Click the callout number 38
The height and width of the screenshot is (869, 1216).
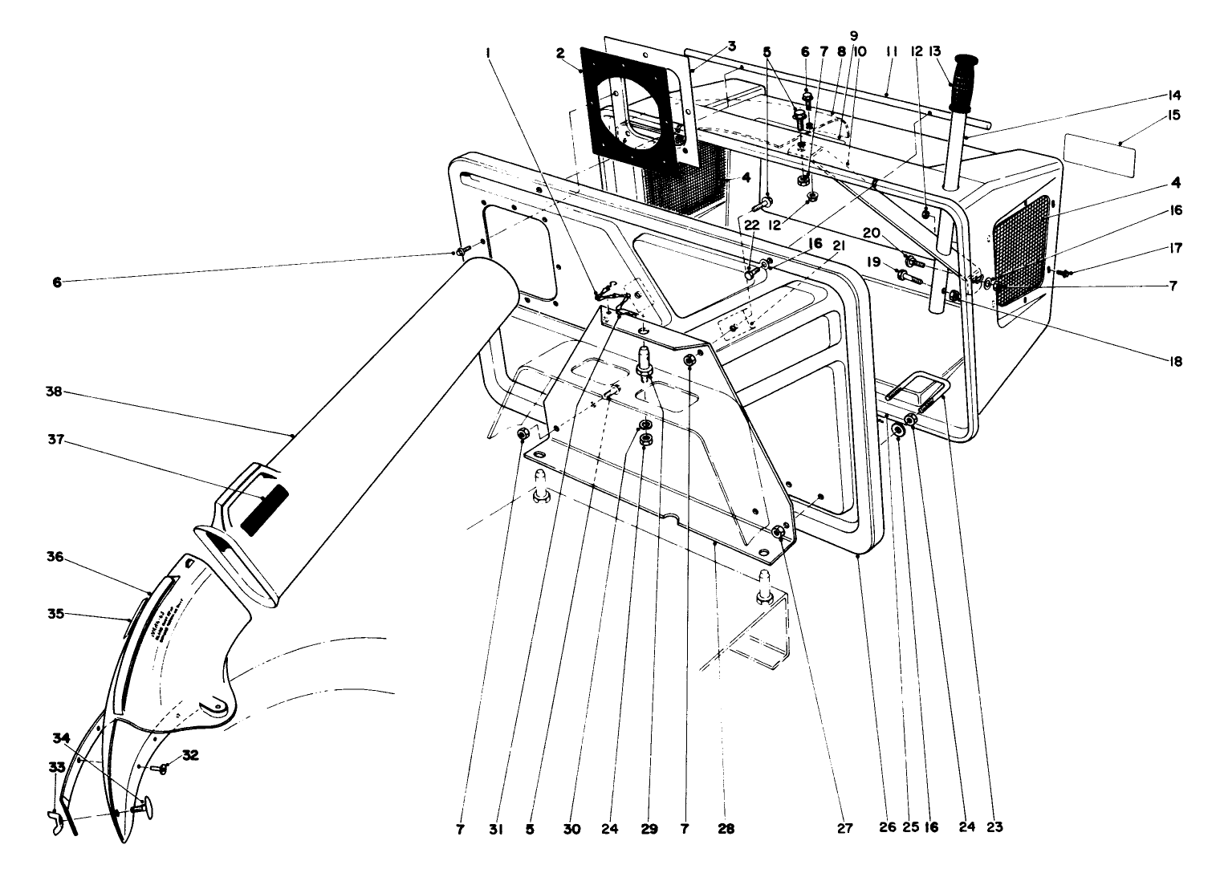point(55,392)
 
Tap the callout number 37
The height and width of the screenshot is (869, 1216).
point(55,440)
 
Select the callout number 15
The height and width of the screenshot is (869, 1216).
point(1174,116)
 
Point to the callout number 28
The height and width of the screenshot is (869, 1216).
point(726,829)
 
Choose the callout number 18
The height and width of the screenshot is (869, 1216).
point(1176,362)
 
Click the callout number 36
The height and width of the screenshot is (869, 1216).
point(55,557)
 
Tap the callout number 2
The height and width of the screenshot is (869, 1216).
point(559,53)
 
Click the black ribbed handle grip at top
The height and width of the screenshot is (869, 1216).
point(961,82)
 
